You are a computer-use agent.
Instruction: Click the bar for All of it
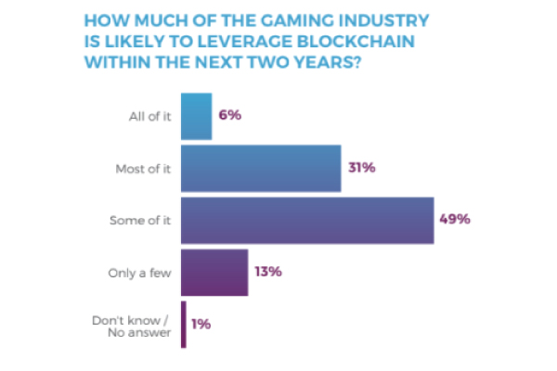pos(196,116)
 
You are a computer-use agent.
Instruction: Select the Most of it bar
pos(261,168)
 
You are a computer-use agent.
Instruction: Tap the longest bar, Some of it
pos(307,220)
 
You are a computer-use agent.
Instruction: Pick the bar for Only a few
pos(214,272)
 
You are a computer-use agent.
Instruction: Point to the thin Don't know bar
pos(184,324)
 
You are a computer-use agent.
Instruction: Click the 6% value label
pos(230,116)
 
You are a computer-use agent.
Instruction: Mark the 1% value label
pos(201,324)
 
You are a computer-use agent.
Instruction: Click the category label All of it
pos(150,117)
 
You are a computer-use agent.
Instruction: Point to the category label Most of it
pos(144,169)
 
